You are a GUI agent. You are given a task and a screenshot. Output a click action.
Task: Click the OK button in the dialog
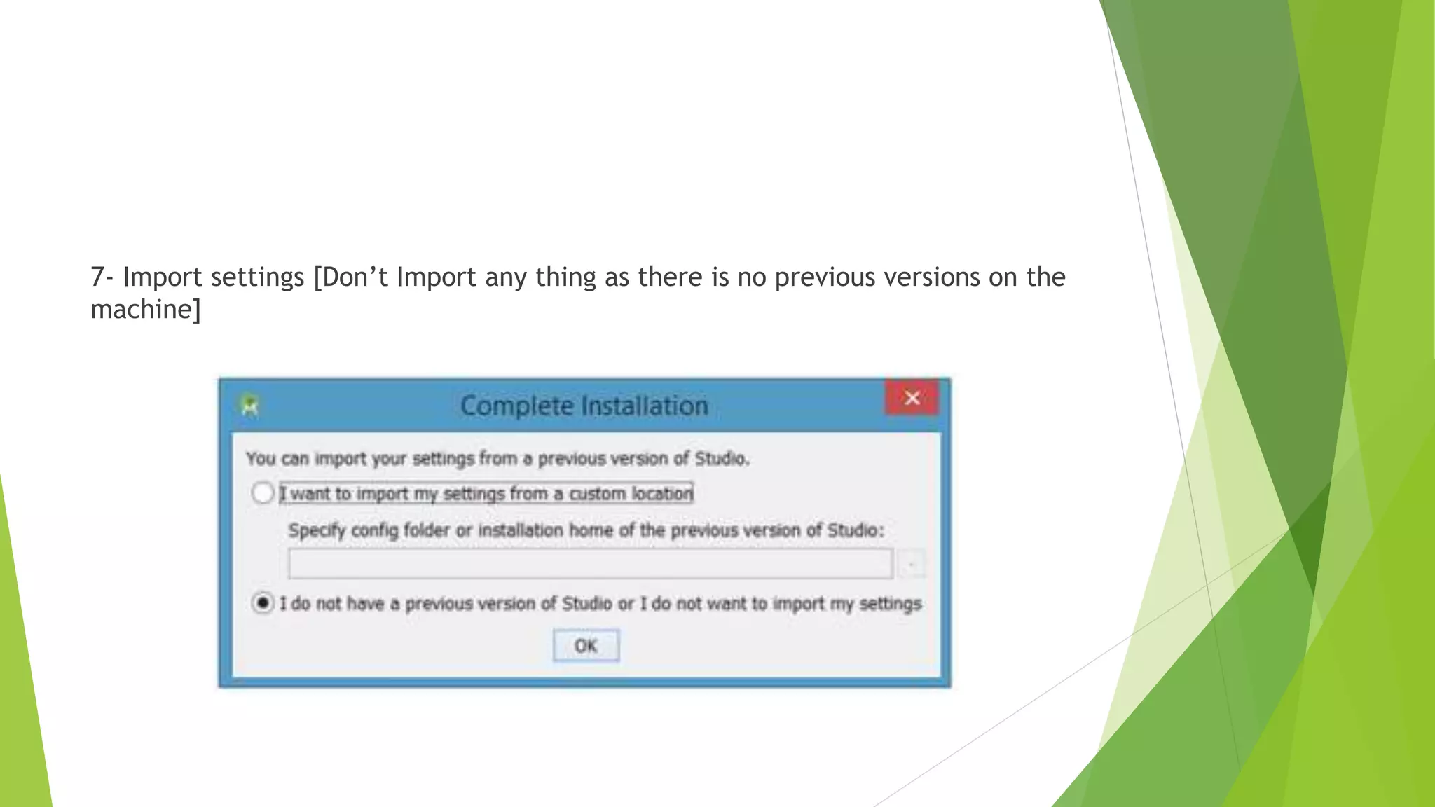click(x=586, y=645)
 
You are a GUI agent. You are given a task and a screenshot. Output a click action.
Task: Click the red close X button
click(x=912, y=398)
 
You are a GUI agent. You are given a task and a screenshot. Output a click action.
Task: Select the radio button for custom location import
click(x=263, y=493)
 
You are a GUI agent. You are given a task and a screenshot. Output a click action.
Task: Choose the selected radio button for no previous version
click(x=263, y=602)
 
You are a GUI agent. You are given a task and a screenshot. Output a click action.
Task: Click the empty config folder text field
click(x=590, y=563)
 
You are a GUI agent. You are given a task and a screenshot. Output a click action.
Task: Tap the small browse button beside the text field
click(x=912, y=564)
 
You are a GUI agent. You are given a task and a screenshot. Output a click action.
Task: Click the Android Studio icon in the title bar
click(x=249, y=405)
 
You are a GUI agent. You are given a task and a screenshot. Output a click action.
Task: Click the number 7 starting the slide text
click(x=97, y=277)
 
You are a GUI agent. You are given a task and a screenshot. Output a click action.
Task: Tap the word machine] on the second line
click(x=145, y=310)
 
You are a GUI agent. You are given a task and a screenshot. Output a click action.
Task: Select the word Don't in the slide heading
click(x=351, y=277)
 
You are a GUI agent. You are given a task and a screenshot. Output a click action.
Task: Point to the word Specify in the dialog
click(x=317, y=530)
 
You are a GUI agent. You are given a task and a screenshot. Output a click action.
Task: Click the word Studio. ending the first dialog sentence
click(x=722, y=459)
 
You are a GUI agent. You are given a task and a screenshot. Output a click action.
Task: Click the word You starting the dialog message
click(x=261, y=459)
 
